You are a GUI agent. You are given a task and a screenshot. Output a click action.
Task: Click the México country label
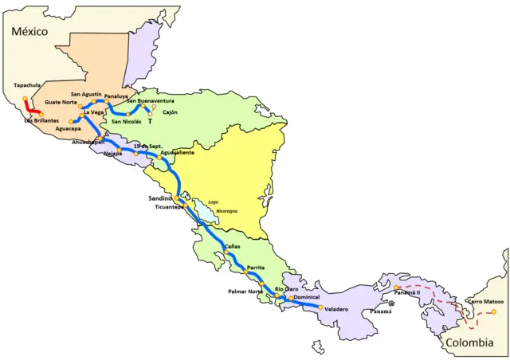coord(29,31)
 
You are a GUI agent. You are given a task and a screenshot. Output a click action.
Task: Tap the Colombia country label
coord(470,343)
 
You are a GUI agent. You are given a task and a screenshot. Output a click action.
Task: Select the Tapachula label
coord(29,85)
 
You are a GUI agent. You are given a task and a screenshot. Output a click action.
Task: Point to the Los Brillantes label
coord(40,121)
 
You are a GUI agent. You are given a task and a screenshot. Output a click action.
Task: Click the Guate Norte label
coord(61,103)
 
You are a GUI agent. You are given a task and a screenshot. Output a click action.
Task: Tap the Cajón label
coord(170,113)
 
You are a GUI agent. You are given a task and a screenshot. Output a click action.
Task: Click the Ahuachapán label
coord(88,142)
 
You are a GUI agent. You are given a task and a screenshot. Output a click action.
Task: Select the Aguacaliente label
coord(177,152)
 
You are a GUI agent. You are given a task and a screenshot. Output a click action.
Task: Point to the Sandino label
coord(160,198)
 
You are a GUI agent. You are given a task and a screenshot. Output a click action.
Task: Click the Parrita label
coord(256,268)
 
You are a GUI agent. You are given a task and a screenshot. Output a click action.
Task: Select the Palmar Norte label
coord(245,292)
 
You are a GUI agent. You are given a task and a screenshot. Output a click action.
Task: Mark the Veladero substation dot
coord(320,307)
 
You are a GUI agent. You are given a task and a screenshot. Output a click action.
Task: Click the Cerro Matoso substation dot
coord(493,311)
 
